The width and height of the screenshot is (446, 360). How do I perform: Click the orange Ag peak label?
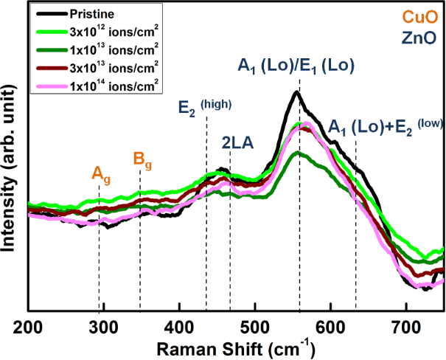(x=101, y=175)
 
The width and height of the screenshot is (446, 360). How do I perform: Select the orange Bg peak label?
(x=142, y=158)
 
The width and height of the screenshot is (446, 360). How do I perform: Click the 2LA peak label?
(x=238, y=143)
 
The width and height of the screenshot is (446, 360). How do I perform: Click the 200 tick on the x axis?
(x=28, y=326)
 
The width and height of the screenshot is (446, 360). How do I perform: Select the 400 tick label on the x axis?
(x=179, y=326)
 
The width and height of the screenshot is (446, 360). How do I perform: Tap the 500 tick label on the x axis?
(x=254, y=326)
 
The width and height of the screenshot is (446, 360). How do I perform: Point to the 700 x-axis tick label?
(x=405, y=326)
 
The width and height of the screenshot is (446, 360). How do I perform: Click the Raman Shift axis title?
(x=237, y=347)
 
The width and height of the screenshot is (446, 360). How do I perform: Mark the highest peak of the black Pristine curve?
(x=296, y=91)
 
